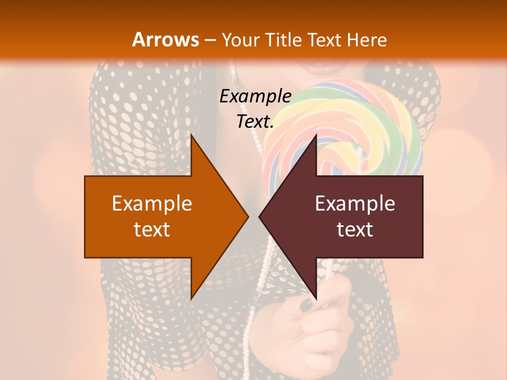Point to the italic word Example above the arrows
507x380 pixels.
point(255,97)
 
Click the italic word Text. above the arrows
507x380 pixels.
point(255,122)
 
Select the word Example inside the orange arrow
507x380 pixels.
point(152,204)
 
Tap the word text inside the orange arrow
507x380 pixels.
point(152,230)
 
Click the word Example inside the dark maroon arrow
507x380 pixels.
point(355,204)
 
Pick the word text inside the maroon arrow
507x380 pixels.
point(355,230)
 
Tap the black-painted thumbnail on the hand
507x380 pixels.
point(306,304)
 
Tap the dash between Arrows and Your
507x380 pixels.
point(210,40)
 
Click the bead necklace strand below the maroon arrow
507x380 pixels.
point(267,280)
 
